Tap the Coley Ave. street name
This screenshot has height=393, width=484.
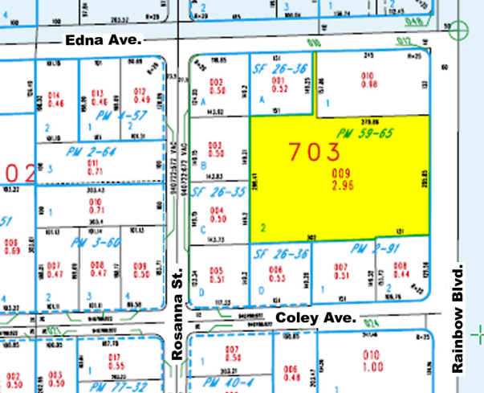click(x=315, y=318)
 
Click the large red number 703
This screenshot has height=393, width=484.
click(x=315, y=151)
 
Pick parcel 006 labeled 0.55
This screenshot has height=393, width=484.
click(x=278, y=273)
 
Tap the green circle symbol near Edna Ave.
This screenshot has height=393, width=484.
click(x=458, y=31)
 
